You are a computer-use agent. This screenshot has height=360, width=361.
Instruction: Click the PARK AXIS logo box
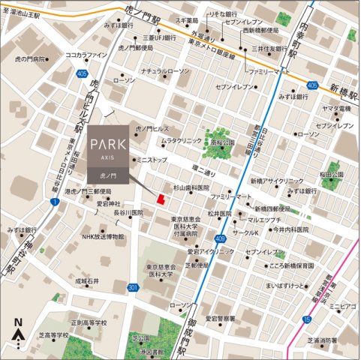107,153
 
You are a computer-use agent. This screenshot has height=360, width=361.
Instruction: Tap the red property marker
159,198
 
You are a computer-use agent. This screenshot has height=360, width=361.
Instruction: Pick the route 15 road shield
306,320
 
